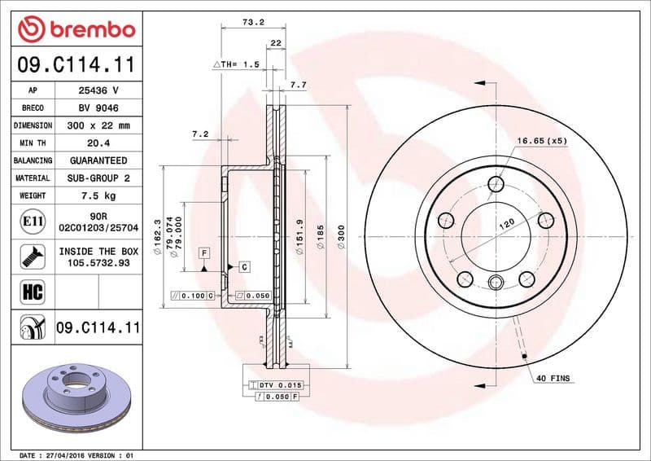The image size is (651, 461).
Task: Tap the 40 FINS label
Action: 553,379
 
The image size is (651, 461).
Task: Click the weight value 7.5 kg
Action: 98,195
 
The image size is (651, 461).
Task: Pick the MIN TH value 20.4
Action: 98,143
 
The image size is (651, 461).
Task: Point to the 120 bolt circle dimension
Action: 506,222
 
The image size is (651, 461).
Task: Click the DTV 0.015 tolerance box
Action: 278,384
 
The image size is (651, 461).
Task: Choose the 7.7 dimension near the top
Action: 298,84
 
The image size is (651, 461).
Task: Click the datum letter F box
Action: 204,254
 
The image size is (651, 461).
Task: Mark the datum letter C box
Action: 243,266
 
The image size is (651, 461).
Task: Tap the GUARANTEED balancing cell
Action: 98,160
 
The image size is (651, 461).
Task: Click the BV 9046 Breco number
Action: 98,108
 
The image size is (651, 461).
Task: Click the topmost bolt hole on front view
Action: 496,183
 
